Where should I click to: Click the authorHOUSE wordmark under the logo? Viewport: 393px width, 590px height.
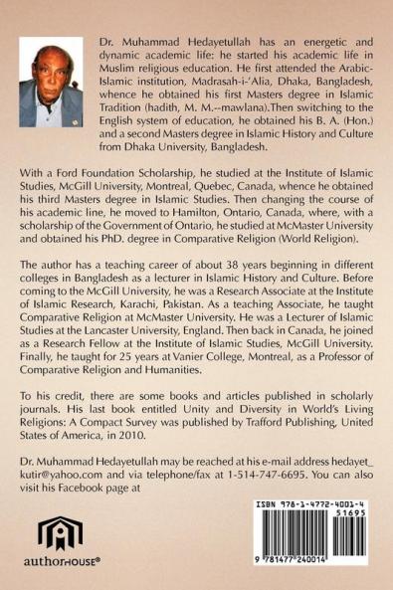click(61, 571)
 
